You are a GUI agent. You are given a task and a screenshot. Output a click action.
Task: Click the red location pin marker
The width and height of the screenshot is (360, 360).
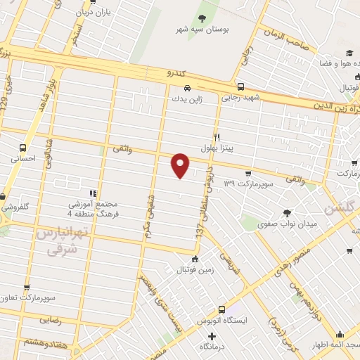181,165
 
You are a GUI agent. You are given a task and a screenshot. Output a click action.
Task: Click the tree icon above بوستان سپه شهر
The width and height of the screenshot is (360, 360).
202,18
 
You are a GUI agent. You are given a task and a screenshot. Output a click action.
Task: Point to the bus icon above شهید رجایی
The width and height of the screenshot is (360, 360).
240,86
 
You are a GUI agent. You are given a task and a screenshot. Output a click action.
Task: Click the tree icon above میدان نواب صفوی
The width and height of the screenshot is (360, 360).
286,212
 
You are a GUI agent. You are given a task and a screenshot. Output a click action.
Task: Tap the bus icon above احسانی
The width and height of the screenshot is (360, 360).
23,148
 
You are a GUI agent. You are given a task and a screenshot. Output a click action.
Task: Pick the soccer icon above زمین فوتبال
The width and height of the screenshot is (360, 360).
195,258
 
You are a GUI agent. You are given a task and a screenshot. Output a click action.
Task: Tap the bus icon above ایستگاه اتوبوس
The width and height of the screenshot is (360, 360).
222,309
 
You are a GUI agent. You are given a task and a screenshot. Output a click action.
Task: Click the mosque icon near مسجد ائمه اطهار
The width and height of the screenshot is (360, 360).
340,335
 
